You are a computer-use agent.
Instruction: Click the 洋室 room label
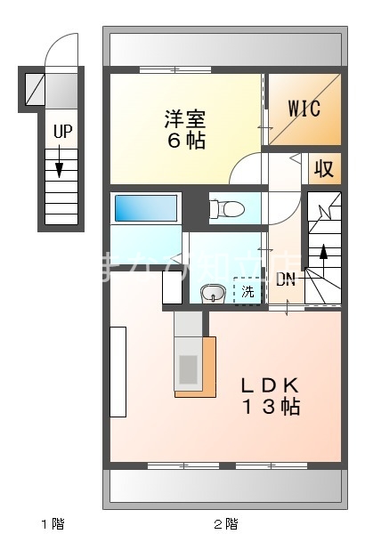click(x=185, y=117)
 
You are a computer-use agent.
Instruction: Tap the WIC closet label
click(x=304, y=108)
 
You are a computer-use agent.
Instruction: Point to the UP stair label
click(x=61, y=132)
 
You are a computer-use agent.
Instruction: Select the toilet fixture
click(x=228, y=209)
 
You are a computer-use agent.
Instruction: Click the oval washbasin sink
click(x=213, y=293)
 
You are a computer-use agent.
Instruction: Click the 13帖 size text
click(x=271, y=408)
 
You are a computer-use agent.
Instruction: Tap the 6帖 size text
click(x=185, y=141)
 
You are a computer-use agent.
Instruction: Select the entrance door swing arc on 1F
click(x=61, y=50)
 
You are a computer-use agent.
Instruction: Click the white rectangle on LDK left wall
click(x=118, y=369)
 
